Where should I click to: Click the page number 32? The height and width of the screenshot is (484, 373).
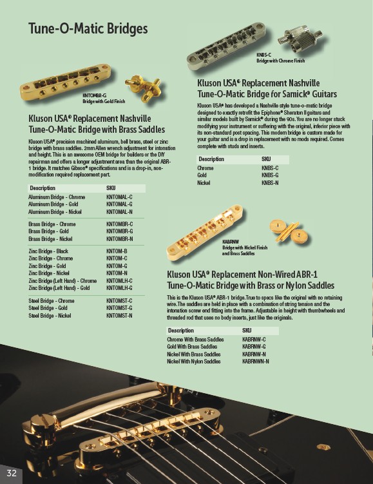pos(12,473)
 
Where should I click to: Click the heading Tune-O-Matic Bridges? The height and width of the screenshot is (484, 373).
pos(88,28)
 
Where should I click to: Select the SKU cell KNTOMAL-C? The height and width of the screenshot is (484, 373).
pos(119,197)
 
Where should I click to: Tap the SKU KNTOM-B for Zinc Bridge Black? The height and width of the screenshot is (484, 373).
pos(117,251)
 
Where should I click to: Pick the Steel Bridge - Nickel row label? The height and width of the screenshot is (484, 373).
pos(50,315)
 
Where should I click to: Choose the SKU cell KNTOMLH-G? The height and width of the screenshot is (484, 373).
pos(119,288)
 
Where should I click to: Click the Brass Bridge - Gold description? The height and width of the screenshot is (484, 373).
pos(48,231)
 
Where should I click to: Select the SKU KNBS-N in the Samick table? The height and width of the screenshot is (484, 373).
pos(270,183)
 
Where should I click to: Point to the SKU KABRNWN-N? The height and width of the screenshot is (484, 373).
pos(256,361)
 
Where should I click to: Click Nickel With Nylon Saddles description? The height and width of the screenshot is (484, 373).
pos(194,361)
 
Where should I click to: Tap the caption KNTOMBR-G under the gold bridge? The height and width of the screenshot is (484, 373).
pos(95,95)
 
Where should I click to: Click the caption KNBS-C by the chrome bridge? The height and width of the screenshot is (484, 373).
pos(263,55)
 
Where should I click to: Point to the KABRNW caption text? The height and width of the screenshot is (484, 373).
pos(231,242)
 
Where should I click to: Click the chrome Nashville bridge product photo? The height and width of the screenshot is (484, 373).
pos(226,46)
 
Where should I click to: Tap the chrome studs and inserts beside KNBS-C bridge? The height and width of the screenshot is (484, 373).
pos(300,39)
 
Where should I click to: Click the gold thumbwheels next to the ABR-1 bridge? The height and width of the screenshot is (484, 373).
pos(290,231)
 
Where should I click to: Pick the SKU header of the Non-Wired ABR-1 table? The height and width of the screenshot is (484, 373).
pos(247,331)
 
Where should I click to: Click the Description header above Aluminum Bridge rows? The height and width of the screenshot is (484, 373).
pos(43,188)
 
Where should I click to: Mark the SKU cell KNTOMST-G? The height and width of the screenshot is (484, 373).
pos(119,308)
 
